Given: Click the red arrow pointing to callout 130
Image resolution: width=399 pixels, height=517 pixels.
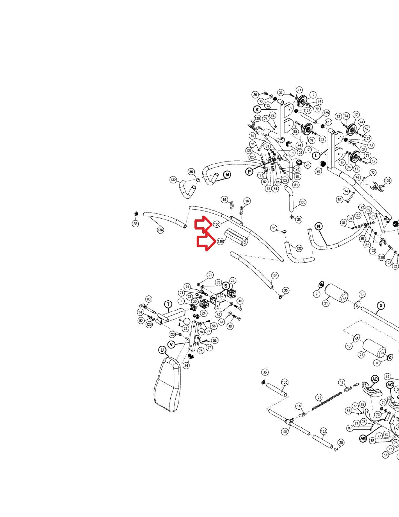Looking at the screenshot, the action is pyautogui.click(x=203, y=224).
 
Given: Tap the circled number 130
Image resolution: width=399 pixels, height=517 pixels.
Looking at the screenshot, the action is pyautogui.click(x=216, y=224).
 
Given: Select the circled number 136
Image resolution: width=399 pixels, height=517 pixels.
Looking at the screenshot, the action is pyautogui.click(x=220, y=241).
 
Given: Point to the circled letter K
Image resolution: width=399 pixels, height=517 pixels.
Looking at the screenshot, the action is pyautogui.click(x=257, y=109).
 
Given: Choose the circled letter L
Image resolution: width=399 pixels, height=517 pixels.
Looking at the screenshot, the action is pyautogui.click(x=317, y=155).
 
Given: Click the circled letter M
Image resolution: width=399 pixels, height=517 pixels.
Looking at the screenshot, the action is pyautogui.click(x=227, y=175).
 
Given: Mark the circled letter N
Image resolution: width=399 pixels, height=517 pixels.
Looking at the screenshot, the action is pyautogui.click(x=319, y=226).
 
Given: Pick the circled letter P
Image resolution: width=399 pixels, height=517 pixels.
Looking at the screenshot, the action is pyautogui.click(x=249, y=172).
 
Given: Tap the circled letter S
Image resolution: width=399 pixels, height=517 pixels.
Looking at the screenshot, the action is pyautogui.click(x=226, y=286).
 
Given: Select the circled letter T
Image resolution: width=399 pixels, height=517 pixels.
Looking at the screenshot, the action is pyautogui.click(x=168, y=304).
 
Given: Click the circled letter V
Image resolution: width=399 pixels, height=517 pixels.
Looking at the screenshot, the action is pyautogui.click(x=171, y=344).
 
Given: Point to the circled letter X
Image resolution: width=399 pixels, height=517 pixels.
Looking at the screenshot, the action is pyautogui.click(x=381, y=306).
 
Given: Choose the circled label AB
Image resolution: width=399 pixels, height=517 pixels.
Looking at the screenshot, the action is pyautogui.click(x=363, y=438).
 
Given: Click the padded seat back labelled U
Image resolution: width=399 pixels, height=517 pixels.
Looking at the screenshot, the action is pyautogui.click(x=168, y=385).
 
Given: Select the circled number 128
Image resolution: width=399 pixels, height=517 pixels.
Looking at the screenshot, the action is pyautogui.click(x=326, y=113).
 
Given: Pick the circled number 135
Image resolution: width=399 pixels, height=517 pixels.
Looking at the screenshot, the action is pyautogui.click(x=302, y=202).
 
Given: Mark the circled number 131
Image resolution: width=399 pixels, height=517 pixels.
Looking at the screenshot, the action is pyautogui.click(x=285, y=432).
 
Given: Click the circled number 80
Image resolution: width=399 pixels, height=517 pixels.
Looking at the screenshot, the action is pyautogui.click(x=148, y=299).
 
